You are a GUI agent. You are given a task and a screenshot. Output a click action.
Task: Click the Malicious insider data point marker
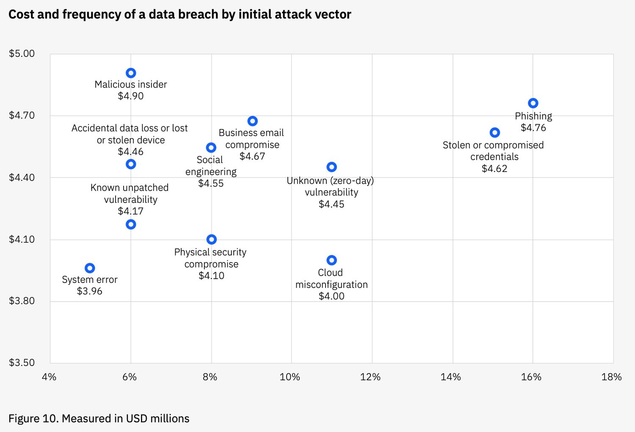[x=131, y=73]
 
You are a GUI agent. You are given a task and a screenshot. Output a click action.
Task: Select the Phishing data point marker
[x=533, y=103]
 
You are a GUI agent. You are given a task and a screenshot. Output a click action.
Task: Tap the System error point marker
[x=90, y=268]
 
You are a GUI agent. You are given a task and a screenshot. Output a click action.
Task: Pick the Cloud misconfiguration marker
[x=331, y=260]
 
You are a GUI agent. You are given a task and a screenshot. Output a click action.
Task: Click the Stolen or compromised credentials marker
[x=494, y=133]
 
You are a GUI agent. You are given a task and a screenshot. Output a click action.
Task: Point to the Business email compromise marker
[x=252, y=121]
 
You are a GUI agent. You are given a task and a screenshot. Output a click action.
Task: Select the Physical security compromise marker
[x=212, y=239]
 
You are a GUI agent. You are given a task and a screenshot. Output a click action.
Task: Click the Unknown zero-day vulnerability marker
[x=331, y=167]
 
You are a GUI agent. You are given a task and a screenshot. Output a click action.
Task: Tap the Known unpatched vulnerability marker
[x=131, y=224]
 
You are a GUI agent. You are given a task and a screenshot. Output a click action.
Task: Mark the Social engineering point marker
[x=211, y=147]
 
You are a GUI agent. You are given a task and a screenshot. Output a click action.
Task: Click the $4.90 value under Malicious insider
[x=131, y=96]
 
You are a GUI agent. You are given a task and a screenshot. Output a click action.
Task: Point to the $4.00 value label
[x=331, y=296]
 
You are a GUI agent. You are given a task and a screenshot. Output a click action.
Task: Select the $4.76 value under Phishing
[x=533, y=127]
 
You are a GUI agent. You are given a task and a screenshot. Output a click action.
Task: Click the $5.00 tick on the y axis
[x=22, y=54]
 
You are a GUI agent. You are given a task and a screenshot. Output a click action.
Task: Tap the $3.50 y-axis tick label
[x=22, y=363]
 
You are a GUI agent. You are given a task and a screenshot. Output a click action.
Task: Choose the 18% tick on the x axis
[x=611, y=377]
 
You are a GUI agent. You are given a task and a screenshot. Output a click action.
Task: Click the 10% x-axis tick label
[x=290, y=377]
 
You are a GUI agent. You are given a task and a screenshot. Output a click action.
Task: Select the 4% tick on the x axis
[x=49, y=377]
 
